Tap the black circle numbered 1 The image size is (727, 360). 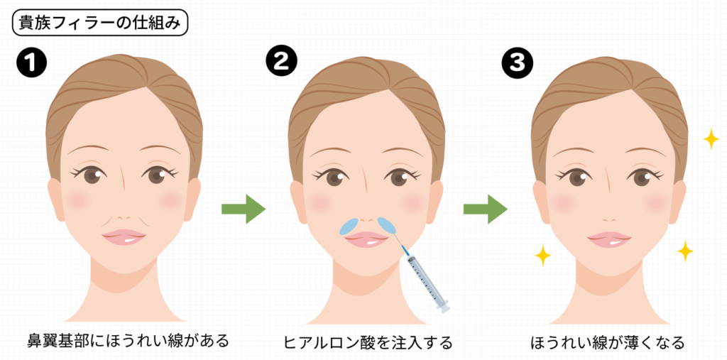[x=31, y=64]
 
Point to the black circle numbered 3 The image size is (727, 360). [x=516, y=64]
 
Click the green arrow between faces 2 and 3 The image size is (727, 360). [x=485, y=209]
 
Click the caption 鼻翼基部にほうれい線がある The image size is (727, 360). [x=125, y=341]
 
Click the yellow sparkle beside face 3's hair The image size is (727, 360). [x=711, y=139]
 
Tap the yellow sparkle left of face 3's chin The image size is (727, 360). [x=543, y=255]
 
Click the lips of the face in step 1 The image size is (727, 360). [x=124, y=237]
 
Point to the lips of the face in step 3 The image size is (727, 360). [x=609, y=239]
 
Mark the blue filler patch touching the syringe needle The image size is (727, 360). [x=388, y=224]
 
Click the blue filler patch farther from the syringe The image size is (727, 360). [x=349, y=226]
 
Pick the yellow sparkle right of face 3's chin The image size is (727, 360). [x=685, y=251]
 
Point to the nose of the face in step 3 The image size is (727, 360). [x=609, y=211]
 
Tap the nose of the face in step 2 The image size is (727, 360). [x=367, y=211]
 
